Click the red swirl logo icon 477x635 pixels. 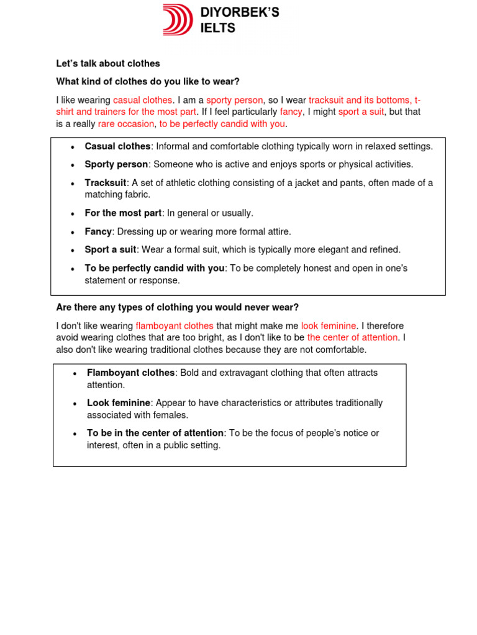point(179,19)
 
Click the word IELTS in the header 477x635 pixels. point(218,28)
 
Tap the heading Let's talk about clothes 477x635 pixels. point(108,63)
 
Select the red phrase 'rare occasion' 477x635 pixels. point(126,123)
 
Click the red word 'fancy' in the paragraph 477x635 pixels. point(291,112)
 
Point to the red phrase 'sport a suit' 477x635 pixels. point(361,112)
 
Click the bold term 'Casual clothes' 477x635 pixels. point(117,146)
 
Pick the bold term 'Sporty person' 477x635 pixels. point(116,164)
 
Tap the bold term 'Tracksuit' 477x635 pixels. point(106,183)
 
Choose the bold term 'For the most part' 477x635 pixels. point(123,213)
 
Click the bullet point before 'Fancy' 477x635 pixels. point(73,232)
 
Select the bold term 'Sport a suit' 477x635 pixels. point(111,249)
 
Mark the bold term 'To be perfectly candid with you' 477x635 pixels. point(155,268)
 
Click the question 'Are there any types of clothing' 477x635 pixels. point(177,307)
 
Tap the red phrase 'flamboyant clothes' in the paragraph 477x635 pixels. point(175,326)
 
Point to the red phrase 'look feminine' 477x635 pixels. point(329,326)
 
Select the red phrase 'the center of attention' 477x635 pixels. point(352,337)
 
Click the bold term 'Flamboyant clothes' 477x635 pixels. point(130,373)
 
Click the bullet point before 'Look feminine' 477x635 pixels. point(75,404)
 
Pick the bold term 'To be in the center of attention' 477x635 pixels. point(155,433)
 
